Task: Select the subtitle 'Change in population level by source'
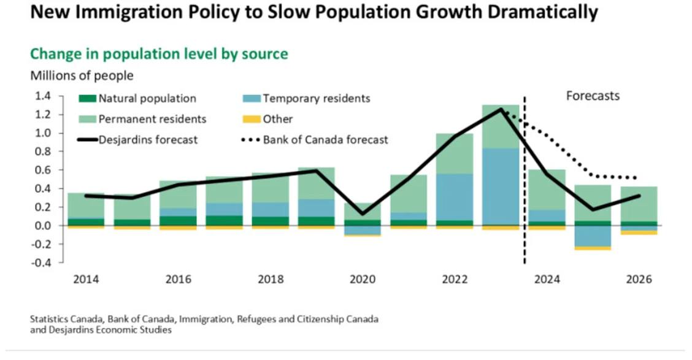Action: point(159,54)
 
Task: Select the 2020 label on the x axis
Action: point(363,279)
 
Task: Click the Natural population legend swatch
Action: point(88,98)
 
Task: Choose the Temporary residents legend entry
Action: point(316,98)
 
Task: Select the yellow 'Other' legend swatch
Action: point(252,119)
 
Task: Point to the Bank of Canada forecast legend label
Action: point(326,140)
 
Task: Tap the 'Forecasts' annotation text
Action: point(593,96)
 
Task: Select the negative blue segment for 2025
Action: point(593,236)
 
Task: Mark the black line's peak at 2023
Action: point(501,110)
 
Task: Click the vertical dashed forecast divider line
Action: point(525,184)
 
